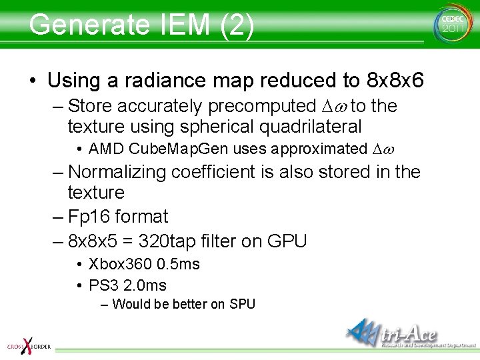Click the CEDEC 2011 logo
(451, 24)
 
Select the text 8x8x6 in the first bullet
(396, 81)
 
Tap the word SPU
(242, 305)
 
